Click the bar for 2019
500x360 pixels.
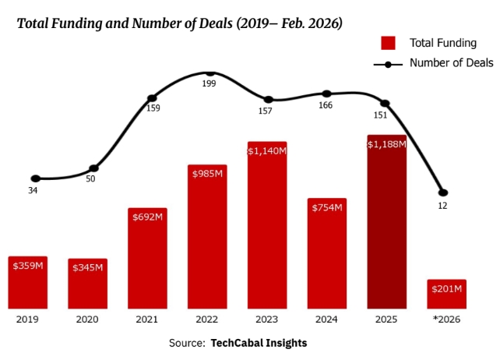(x=27, y=282)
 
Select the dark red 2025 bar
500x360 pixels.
(x=387, y=222)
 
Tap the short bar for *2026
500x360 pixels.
(x=447, y=294)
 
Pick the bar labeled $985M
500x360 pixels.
(x=207, y=237)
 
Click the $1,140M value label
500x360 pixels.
(x=267, y=150)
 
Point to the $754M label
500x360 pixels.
(x=327, y=207)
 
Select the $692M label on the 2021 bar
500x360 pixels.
(x=147, y=216)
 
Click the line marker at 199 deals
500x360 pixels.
(x=210, y=72)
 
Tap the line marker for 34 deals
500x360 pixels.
(x=35, y=178)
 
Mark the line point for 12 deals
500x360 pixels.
(x=443, y=192)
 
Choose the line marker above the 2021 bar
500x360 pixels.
(x=152, y=98)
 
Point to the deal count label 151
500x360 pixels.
(x=380, y=115)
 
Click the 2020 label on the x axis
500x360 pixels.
(x=87, y=319)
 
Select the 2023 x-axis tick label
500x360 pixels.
(x=267, y=319)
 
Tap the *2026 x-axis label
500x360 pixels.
(x=446, y=319)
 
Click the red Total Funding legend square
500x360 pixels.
(x=388, y=43)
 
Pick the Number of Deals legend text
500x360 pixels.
(x=452, y=63)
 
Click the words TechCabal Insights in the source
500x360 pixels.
(x=259, y=343)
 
